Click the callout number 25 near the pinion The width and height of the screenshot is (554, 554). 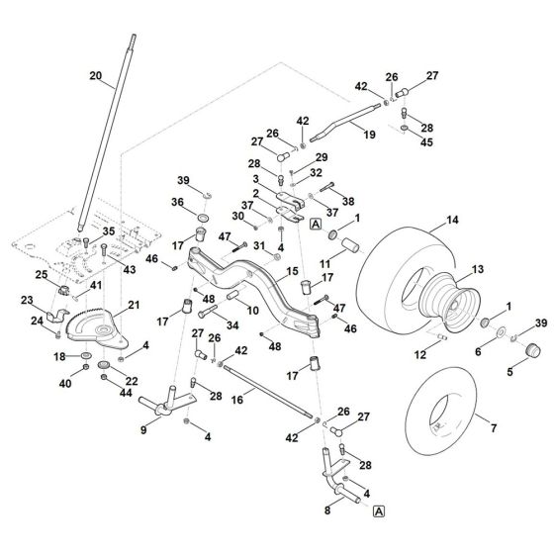(x=42, y=274)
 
